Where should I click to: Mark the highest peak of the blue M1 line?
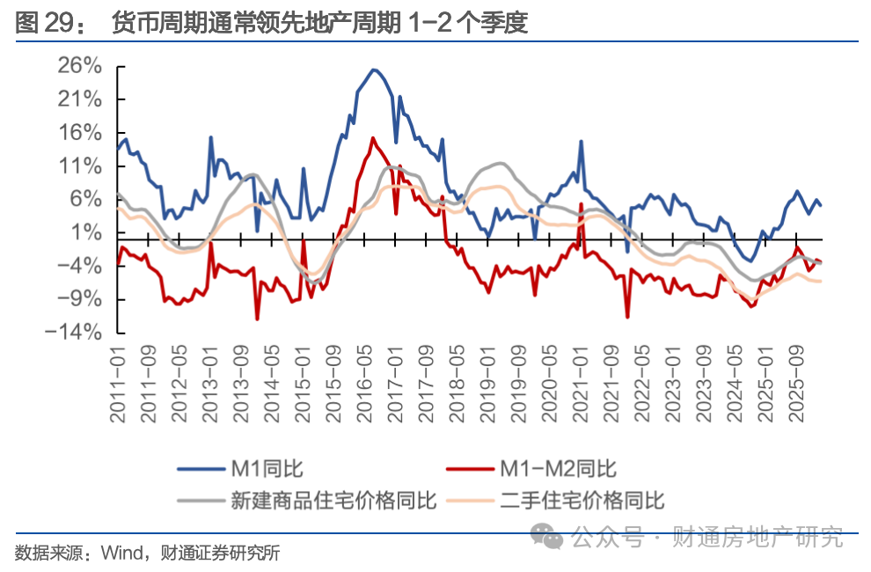click(374, 70)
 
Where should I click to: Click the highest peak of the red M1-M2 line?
click(373, 137)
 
